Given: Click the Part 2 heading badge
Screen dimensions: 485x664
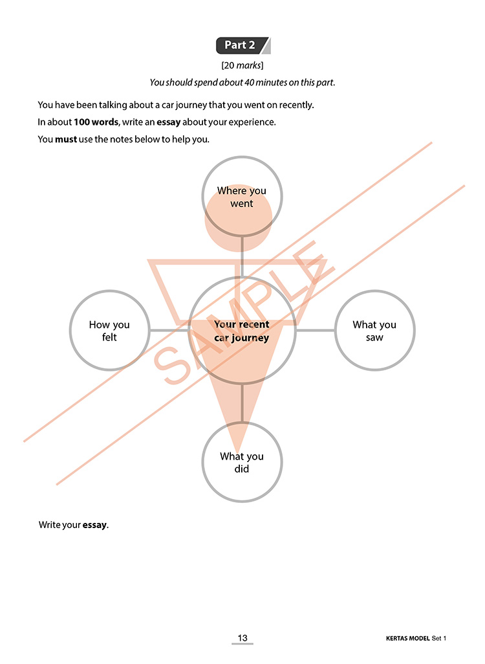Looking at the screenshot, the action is tap(243, 45).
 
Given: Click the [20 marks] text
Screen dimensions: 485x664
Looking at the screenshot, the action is tap(242, 65).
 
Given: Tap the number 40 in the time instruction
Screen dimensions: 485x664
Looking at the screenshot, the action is tap(249, 82).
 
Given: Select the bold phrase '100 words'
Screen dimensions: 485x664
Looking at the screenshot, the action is tap(96, 122).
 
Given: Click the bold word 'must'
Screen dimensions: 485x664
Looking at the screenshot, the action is tap(66, 139).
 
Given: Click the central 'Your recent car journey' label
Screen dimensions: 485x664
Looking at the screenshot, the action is tap(242, 331).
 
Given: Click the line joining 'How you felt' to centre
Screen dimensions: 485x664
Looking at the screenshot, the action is tap(169, 330).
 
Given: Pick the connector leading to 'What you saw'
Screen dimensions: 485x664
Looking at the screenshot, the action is tap(316, 330).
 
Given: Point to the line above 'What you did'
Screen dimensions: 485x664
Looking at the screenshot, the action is tap(242, 403).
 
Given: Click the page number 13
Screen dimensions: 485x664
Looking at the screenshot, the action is tap(242, 637).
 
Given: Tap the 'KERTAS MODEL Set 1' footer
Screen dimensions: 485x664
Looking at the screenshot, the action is tap(416, 638).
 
